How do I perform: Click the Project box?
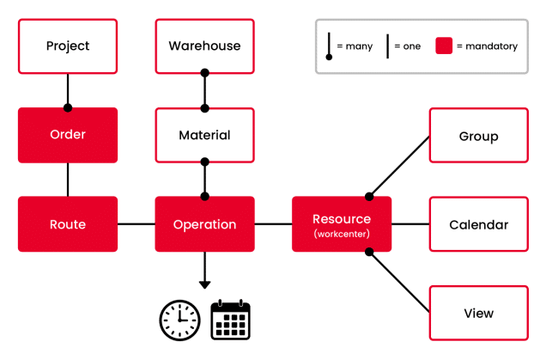pyautogui.click(x=68, y=46)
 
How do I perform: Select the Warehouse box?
pyautogui.click(x=204, y=46)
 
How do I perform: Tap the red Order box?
pyautogui.click(x=68, y=135)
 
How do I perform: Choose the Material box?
pyautogui.click(x=204, y=135)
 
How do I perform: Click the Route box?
pyautogui.click(x=68, y=224)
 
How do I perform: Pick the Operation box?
pyautogui.click(x=204, y=224)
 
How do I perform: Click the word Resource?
pyautogui.click(x=342, y=219)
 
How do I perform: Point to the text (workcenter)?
pyautogui.click(x=342, y=234)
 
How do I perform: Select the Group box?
pyautogui.click(x=479, y=135)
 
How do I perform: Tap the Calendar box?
pyautogui.click(x=479, y=224)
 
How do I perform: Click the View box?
pyautogui.click(x=479, y=313)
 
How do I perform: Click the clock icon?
pyautogui.click(x=179, y=320)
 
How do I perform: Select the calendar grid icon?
pyautogui.click(x=231, y=320)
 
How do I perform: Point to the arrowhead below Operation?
pyautogui.click(x=204, y=284)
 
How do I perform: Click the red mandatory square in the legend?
pyautogui.click(x=444, y=46)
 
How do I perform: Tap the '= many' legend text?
pyautogui.click(x=355, y=46)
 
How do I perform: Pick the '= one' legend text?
pyautogui.click(x=408, y=46)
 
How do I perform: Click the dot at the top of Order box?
pyautogui.click(x=68, y=107)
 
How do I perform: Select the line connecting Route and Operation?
pyautogui.click(x=136, y=224)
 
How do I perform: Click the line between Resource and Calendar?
pyautogui.click(x=410, y=224)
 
